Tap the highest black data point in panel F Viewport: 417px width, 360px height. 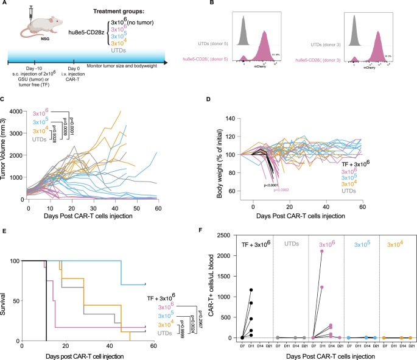(x=251, y=290)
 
